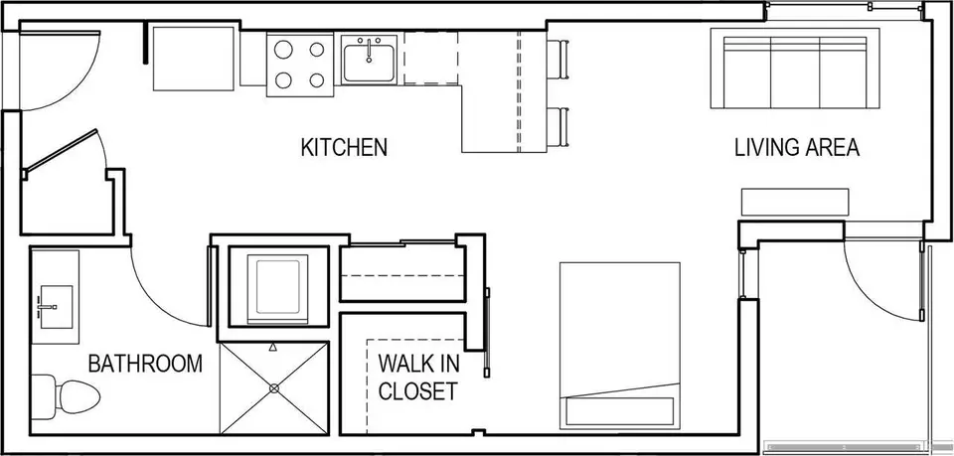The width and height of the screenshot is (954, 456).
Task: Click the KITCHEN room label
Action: [x=345, y=147]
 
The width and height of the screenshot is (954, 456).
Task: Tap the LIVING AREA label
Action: [x=797, y=148]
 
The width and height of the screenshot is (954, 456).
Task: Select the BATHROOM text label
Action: [x=145, y=364]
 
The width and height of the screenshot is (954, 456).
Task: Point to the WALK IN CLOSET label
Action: [x=418, y=377]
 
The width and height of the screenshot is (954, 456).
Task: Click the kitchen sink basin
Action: [x=369, y=59]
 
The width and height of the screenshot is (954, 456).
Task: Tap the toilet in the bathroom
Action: [x=66, y=396]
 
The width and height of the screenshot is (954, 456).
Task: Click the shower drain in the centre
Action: [x=274, y=387]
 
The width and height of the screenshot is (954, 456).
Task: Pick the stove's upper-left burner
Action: [x=283, y=50]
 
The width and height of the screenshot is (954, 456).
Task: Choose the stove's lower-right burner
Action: [x=316, y=79]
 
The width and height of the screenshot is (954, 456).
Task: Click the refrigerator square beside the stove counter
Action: [x=194, y=59]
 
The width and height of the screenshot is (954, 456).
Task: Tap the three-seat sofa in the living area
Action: [x=795, y=69]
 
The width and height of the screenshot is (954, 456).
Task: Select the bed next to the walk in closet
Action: [x=619, y=346]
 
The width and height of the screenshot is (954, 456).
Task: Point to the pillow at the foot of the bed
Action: [x=620, y=411]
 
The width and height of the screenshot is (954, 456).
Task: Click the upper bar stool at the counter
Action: [x=557, y=60]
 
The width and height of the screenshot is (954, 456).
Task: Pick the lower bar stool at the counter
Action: [x=557, y=127]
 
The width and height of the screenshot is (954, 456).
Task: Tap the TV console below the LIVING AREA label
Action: [x=795, y=202]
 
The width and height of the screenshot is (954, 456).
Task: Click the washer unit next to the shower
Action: [x=278, y=287]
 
